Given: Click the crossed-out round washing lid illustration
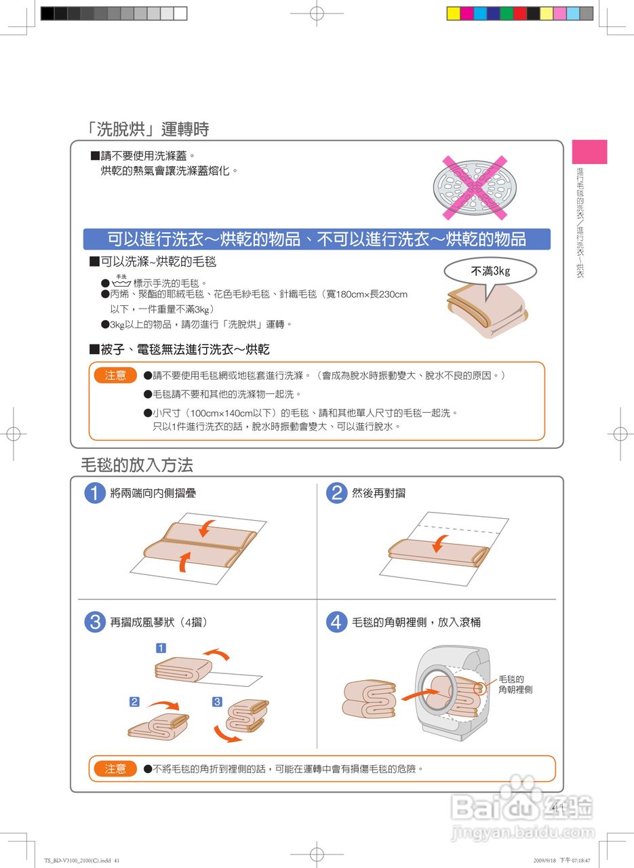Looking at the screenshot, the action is coord(475,188).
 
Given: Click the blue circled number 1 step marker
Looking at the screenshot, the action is coord(95,493).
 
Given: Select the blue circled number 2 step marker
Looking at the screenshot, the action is coord(336,493).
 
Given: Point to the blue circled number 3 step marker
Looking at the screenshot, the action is coord(95,622).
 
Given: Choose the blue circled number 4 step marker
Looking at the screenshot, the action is coord(336,622).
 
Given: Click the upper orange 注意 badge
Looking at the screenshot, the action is coord(115,375).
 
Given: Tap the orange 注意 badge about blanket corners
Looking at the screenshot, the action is coord(115,768).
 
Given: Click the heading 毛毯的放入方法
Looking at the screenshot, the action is coord(137,465).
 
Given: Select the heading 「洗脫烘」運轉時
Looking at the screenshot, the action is coord(148,129).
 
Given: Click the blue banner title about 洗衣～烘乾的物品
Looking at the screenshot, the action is coord(317,239).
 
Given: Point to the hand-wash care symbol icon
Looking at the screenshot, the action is coord(121,281).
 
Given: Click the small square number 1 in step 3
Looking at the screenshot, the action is coord(161,648).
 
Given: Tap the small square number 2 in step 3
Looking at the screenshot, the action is coord(134,702).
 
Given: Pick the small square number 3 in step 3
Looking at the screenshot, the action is coord(217,702).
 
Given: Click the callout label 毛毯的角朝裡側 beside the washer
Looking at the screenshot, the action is coord(515,684).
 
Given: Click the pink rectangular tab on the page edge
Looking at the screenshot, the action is coord(589,152).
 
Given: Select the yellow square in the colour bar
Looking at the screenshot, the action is coord(454,14).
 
